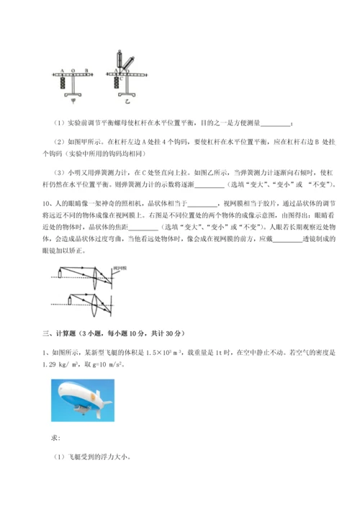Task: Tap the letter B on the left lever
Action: coord(86,71)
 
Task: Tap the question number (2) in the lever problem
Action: coord(60,142)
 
